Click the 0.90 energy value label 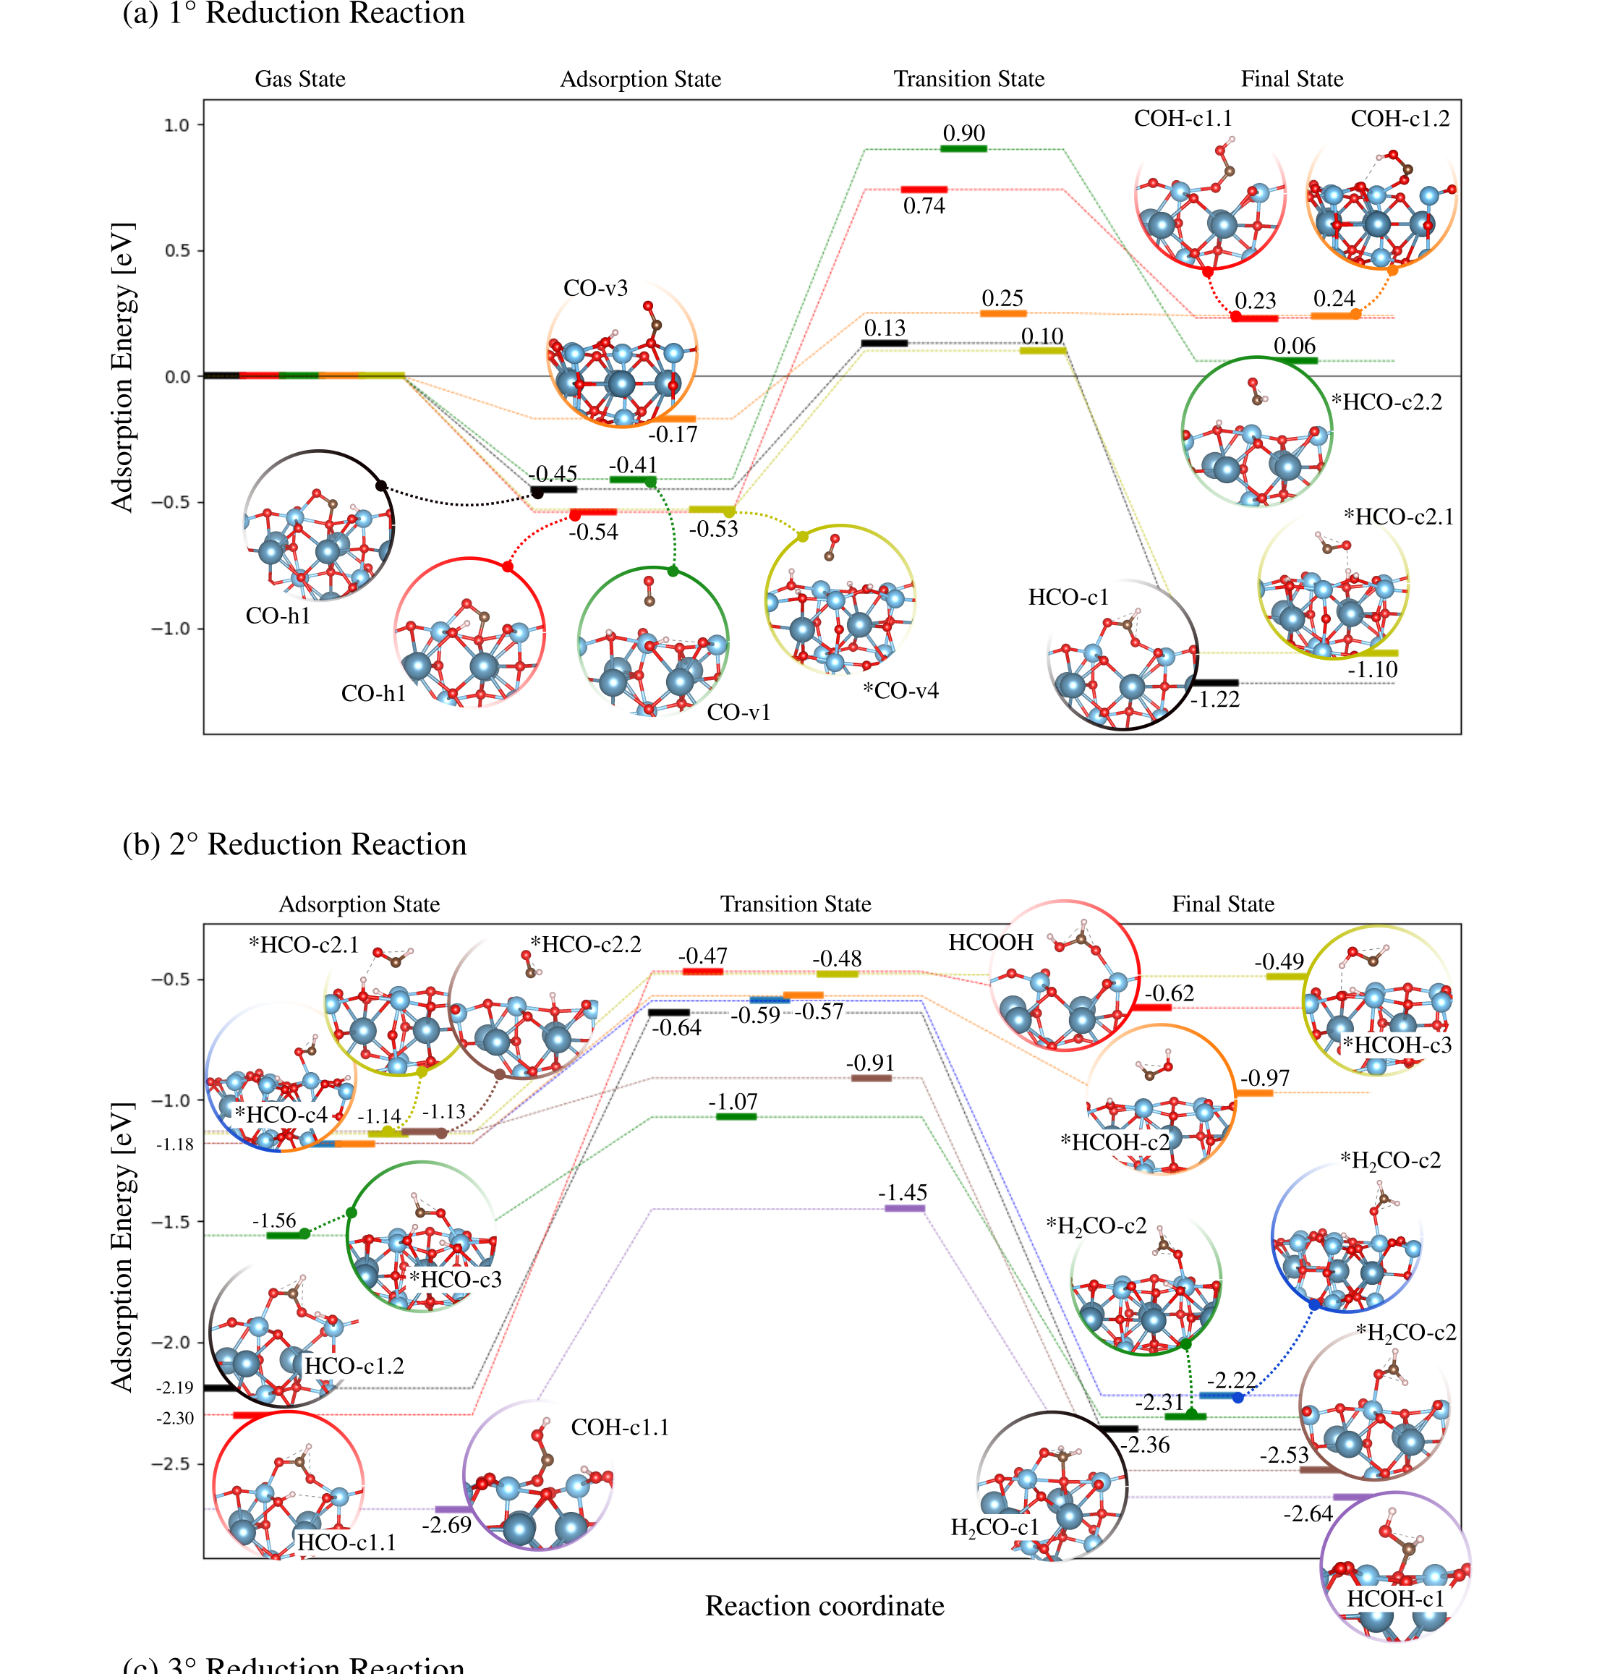click(x=963, y=133)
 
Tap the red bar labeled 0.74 click(x=924, y=190)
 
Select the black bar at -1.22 click(x=1214, y=682)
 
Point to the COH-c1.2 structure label click(x=1400, y=119)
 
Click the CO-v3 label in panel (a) click(x=595, y=289)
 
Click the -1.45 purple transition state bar click(x=904, y=1209)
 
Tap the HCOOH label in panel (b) click(x=990, y=943)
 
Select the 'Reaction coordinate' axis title click(x=824, y=1606)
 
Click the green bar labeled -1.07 click(x=736, y=1116)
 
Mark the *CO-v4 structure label click(x=900, y=691)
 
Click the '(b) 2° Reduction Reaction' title click(x=294, y=844)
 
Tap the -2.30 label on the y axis click(x=175, y=1419)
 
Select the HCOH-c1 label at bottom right click(x=1394, y=1599)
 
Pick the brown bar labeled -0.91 click(x=871, y=1079)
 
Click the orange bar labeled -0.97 click(x=1254, y=1092)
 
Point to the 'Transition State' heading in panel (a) click(x=968, y=80)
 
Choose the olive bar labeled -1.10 click(x=1373, y=653)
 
